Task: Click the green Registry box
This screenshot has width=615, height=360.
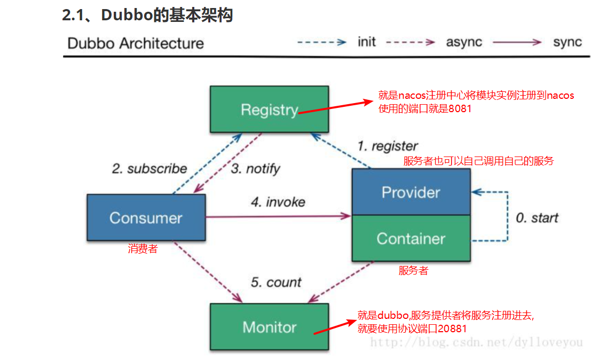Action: pyautogui.click(x=269, y=110)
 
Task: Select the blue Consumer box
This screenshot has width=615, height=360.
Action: pyautogui.click(x=146, y=217)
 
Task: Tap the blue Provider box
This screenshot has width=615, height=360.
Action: pyautogui.click(x=411, y=192)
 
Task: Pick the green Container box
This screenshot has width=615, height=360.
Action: pyautogui.click(x=411, y=238)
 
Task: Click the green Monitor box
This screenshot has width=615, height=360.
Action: pyautogui.click(x=269, y=327)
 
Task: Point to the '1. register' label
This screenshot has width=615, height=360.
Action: pyautogui.click(x=388, y=146)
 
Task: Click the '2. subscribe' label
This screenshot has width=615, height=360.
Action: pyautogui.click(x=149, y=169)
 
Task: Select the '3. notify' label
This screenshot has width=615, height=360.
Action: pyautogui.click(x=255, y=169)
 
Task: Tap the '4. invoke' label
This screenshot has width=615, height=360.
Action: pyautogui.click(x=278, y=202)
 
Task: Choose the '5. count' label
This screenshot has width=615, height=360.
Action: pyautogui.click(x=276, y=282)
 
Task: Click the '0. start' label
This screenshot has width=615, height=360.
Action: pyautogui.click(x=537, y=218)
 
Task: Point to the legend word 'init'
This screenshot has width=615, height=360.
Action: pyautogui.click(x=367, y=42)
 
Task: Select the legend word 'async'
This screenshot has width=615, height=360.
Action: pyautogui.click(x=464, y=42)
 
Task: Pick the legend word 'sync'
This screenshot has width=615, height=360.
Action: pyautogui.click(x=567, y=42)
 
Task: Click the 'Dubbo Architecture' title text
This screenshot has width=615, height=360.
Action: pyautogui.click(x=136, y=43)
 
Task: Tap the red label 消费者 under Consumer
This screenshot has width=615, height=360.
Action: pyautogui.click(x=143, y=249)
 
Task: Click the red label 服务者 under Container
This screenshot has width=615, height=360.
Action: pyautogui.click(x=413, y=271)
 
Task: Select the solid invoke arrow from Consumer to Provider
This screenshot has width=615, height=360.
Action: pyautogui.click(x=278, y=216)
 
